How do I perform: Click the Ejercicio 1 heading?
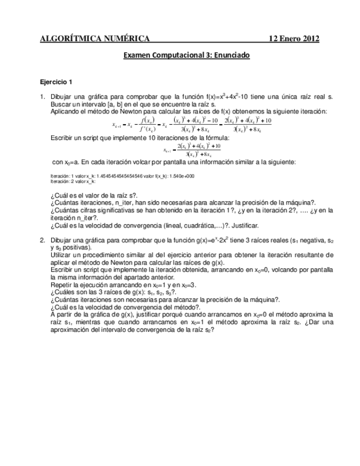click(57, 82)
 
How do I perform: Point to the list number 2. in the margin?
click(43, 240)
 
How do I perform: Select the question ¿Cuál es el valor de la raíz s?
click(93, 195)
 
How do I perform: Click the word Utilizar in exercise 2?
click(62, 255)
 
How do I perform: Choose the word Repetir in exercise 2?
click(62, 286)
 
